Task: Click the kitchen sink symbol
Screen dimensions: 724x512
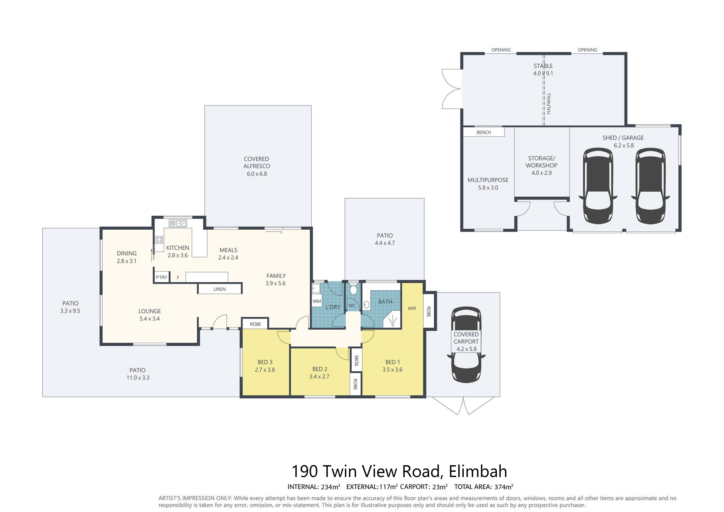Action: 178,223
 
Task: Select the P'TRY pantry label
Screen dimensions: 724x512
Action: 161,277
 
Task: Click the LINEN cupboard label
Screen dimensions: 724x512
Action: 220,289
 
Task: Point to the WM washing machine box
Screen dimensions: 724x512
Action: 317,301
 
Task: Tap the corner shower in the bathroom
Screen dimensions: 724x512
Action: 392,319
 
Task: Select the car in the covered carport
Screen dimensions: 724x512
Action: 466,345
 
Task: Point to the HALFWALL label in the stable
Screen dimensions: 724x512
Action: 549,103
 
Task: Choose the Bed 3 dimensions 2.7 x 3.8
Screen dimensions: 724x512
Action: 265,370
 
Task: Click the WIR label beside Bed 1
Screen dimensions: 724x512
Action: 412,308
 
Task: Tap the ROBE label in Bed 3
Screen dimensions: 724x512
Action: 255,324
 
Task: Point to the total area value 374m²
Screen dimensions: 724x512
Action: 504,487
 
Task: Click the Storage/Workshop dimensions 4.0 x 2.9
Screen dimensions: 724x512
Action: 541,173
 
